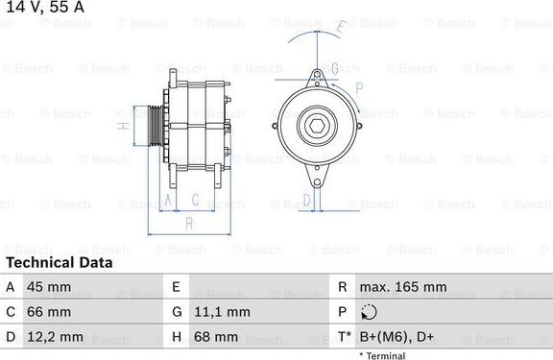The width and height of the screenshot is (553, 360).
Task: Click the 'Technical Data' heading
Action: coord(58,262)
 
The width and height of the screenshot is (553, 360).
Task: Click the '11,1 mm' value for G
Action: coord(222,312)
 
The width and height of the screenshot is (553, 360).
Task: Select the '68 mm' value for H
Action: coord(216,337)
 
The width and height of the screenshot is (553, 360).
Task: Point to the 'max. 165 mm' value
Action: coord(403,287)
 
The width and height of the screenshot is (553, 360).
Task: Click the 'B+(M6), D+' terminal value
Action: coord(397,337)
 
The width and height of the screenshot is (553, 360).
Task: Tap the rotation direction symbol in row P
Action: coord(370,312)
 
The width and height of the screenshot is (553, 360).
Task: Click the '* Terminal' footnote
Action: coord(382,355)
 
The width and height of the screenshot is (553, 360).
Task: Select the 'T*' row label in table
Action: coord(344,337)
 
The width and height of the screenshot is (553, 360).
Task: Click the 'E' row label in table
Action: coord(177,287)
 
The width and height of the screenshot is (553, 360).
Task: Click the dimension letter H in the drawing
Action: coord(122,125)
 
